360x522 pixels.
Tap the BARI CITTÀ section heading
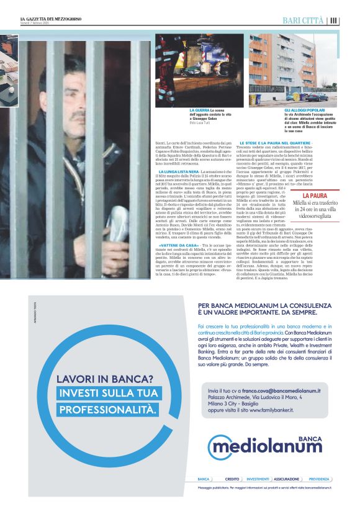point(304,20)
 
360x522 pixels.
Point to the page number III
point(334,20)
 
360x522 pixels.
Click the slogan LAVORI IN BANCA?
point(105,379)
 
